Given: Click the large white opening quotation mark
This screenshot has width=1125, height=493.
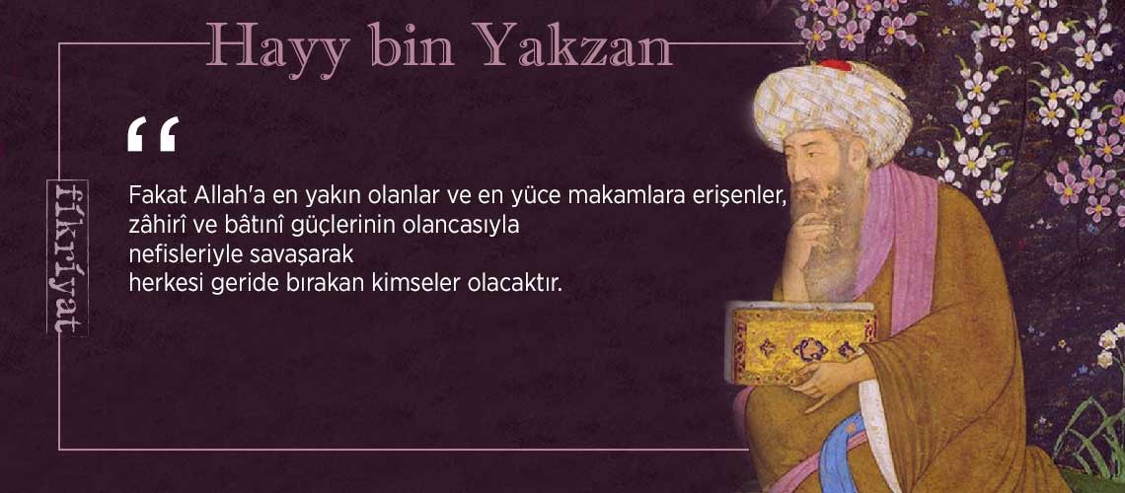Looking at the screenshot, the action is [x=152, y=134].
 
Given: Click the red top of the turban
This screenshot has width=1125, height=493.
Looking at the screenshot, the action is [x=835, y=67].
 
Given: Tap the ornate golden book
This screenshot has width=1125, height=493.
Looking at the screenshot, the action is [x=802, y=342].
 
